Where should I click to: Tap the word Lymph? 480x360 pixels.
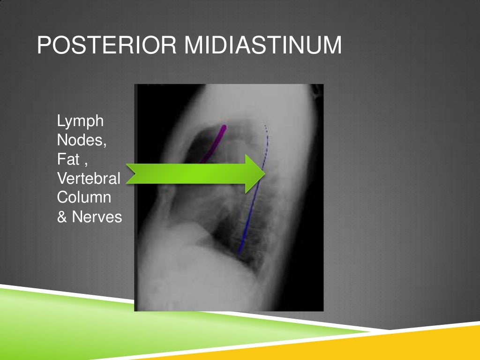pyautogui.click(x=80, y=122)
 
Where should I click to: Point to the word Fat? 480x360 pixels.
pyautogui.click(x=68, y=160)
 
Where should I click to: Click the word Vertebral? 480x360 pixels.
pyautogui.click(x=89, y=179)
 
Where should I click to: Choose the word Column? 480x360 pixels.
pyautogui.click(x=84, y=197)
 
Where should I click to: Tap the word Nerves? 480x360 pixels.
pyautogui.click(x=97, y=217)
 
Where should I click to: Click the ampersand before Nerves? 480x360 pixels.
pyautogui.click(x=62, y=217)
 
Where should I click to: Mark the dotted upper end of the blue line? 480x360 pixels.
pyautogui.click(x=265, y=126)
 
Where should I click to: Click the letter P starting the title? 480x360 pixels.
pyautogui.click(x=44, y=46)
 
